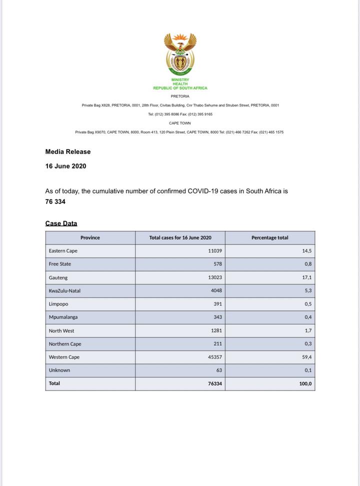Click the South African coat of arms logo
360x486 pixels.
click(180, 54)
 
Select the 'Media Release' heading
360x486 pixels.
click(68, 151)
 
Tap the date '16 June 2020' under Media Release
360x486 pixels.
click(65, 166)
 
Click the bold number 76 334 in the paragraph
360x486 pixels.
click(55, 202)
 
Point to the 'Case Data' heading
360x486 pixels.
click(61, 223)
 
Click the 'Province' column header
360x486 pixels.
click(90, 237)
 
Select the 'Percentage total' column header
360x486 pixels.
click(269, 237)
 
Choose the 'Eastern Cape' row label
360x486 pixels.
click(63, 251)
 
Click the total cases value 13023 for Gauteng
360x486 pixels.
click(215, 277)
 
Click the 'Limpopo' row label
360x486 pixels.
click(58, 304)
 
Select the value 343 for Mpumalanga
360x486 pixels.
click(217, 317)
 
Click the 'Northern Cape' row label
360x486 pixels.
click(65, 344)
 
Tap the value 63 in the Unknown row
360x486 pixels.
click(219, 370)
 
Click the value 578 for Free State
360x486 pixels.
click(217, 264)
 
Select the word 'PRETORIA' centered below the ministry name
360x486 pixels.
click(180, 96)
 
